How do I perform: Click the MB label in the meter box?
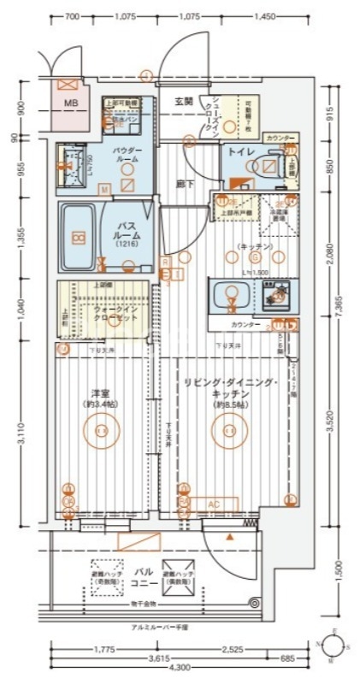point(68,106)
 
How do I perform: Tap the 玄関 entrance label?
point(184,101)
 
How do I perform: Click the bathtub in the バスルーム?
point(78,237)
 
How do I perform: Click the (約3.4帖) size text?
point(100,404)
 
